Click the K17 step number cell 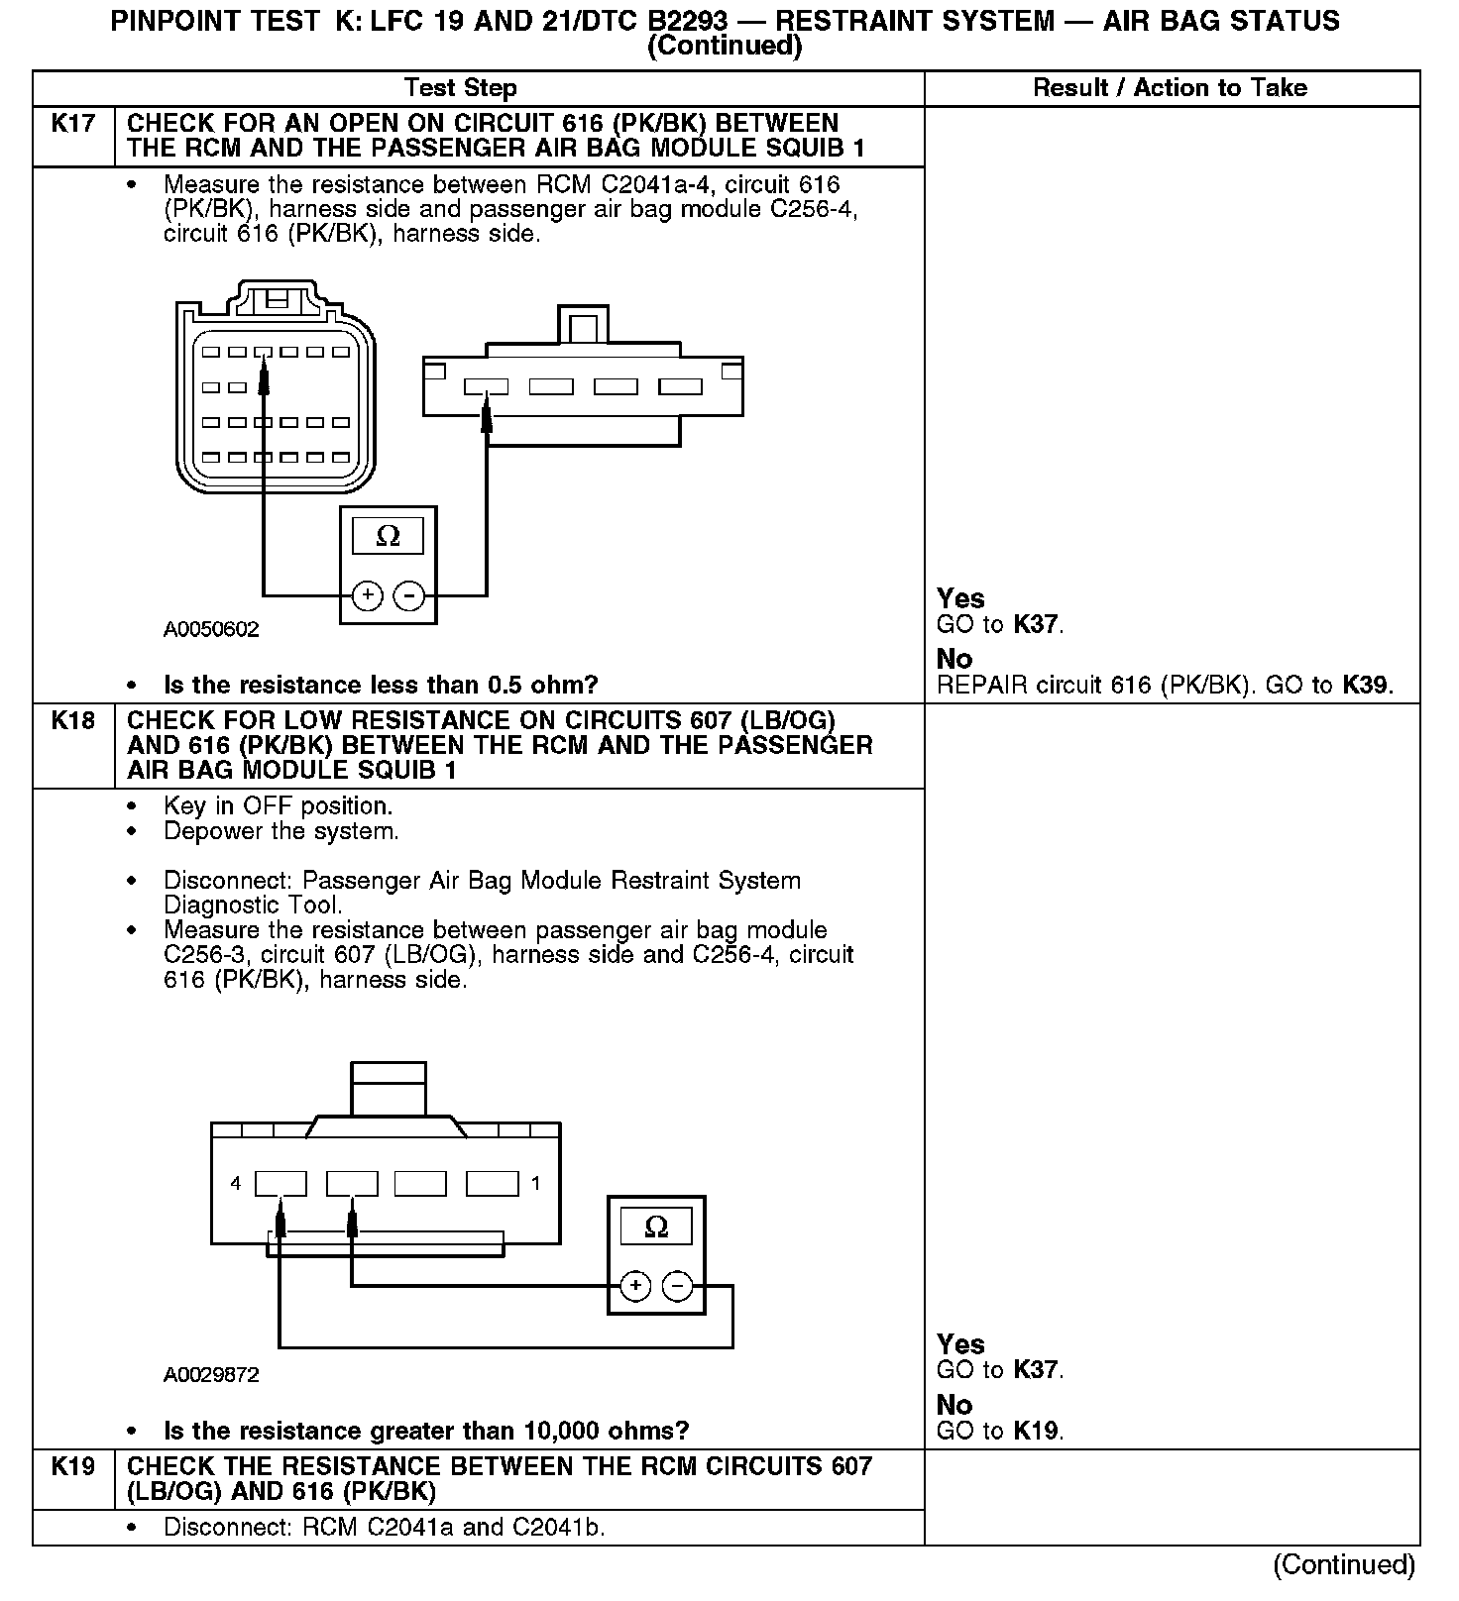point(73,125)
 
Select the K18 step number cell point(73,721)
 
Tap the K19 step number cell point(73,1467)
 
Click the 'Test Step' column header point(461,88)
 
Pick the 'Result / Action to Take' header point(1170,88)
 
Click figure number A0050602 point(211,630)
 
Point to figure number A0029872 point(211,1375)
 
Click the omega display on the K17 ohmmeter point(389,537)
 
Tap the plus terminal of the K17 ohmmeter point(367,595)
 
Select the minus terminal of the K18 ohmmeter point(678,1287)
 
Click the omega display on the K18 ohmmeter point(656,1227)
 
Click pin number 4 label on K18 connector point(236,1183)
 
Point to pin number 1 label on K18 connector point(536,1183)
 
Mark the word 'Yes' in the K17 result point(960,599)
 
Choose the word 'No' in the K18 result point(954,1405)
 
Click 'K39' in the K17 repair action point(1366,686)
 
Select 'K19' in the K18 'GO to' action point(1036,1432)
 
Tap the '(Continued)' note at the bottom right point(1344,1564)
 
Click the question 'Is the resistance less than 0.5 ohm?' point(381,686)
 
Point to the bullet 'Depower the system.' point(281,831)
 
